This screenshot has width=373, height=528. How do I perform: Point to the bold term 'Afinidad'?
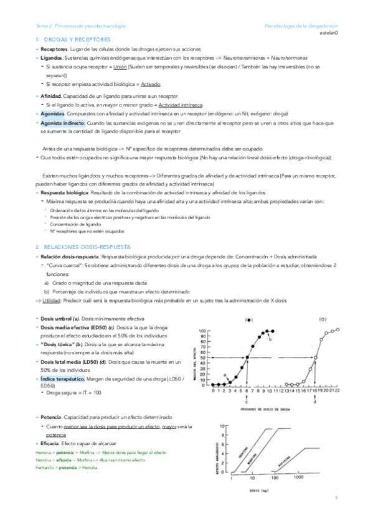[x=50, y=97]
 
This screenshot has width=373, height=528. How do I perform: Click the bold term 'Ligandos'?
[x=52, y=57]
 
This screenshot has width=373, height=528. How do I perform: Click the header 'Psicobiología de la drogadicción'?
[x=300, y=26]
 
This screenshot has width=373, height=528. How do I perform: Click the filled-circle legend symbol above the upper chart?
[x=249, y=319]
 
